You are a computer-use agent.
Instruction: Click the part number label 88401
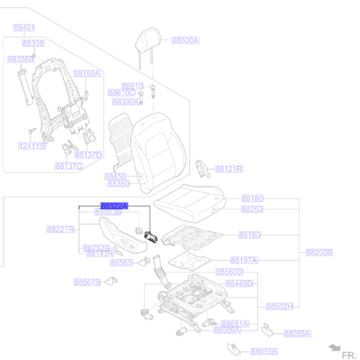click(x=24, y=27)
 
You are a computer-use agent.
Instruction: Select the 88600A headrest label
click(x=185, y=40)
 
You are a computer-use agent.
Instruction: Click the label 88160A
click(x=88, y=73)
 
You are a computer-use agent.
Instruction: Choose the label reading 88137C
click(x=69, y=166)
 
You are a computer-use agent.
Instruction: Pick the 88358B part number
click(x=21, y=58)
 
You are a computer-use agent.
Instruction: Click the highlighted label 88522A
click(x=114, y=206)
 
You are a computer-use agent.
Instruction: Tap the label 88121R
click(x=229, y=169)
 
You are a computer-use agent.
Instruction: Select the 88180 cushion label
click(x=252, y=198)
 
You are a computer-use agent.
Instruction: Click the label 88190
click(x=249, y=235)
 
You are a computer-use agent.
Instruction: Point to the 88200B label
click(x=319, y=253)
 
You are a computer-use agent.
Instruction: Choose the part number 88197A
click(x=244, y=259)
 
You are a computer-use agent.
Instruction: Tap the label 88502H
click(x=279, y=307)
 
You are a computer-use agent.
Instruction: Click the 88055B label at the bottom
click(x=264, y=351)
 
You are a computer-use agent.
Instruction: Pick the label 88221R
click(x=61, y=229)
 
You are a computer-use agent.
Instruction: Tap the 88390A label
click(x=125, y=102)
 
